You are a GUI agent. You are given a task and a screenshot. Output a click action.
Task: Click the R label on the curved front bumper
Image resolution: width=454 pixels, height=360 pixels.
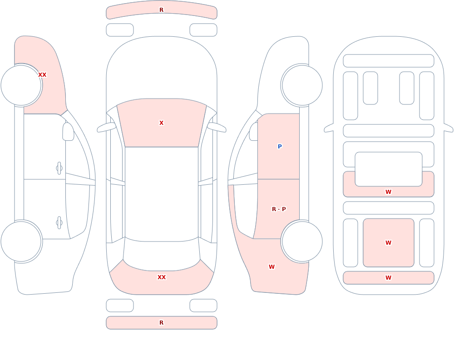click(x=161, y=10)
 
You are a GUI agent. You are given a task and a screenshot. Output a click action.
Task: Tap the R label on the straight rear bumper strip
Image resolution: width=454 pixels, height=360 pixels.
click(x=161, y=323)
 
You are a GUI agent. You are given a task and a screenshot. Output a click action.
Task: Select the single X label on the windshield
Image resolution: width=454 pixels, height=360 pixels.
click(x=161, y=123)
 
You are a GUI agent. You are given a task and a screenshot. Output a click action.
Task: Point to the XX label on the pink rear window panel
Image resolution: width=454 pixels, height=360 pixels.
click(x=162, y=277)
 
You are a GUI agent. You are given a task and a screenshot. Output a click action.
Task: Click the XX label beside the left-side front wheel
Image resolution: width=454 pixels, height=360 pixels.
click(x=42, y=75)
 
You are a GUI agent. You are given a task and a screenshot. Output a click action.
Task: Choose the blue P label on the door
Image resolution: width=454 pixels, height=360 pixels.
click(x=280, y=146)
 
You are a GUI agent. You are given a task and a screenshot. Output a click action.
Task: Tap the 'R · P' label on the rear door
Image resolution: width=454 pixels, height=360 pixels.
click(x=279, y=209)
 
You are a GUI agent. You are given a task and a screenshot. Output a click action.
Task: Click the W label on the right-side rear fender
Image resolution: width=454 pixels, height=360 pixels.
click(x=271, y=267)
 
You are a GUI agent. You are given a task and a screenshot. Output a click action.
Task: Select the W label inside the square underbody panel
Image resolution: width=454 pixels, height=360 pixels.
click(x=388, y=243)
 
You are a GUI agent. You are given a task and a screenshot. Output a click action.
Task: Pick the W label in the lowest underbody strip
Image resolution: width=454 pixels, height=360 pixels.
click(x=388, y=278)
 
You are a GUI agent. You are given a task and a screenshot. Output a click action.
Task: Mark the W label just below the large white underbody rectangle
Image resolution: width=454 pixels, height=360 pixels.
click(x=388, y=192)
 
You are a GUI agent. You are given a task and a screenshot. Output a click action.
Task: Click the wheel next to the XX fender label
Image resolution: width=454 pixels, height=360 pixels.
click(x=21, y=85)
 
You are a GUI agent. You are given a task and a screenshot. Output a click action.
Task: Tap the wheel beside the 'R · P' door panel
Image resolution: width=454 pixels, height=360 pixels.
click(x=302, y=241)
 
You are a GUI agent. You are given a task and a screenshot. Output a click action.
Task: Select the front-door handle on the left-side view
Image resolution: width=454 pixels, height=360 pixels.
click(x=59, y=168)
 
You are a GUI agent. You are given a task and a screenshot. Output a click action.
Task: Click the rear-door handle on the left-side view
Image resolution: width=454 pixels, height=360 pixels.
click(x=59, y=223)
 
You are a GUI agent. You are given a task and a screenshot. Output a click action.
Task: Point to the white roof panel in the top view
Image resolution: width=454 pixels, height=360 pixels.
click(x=162, y=194)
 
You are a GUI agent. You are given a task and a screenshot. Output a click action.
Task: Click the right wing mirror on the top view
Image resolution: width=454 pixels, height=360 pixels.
click(x=217, y=128)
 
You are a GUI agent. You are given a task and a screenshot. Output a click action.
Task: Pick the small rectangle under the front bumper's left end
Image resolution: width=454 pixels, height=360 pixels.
click(x=120, y=30)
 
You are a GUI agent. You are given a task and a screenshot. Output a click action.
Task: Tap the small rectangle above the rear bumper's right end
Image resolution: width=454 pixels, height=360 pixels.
click(x=203, y=306)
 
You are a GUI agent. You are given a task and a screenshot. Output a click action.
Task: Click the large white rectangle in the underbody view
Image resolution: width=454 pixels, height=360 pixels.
click(x=389, y=169)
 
